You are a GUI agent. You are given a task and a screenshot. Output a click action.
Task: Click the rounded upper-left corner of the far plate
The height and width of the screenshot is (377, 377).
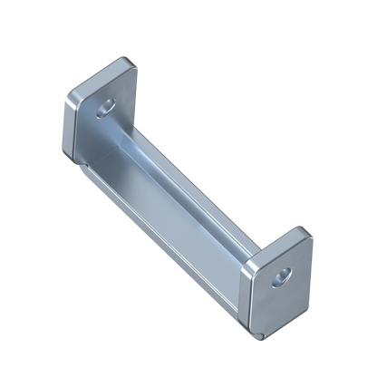(66, 93)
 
